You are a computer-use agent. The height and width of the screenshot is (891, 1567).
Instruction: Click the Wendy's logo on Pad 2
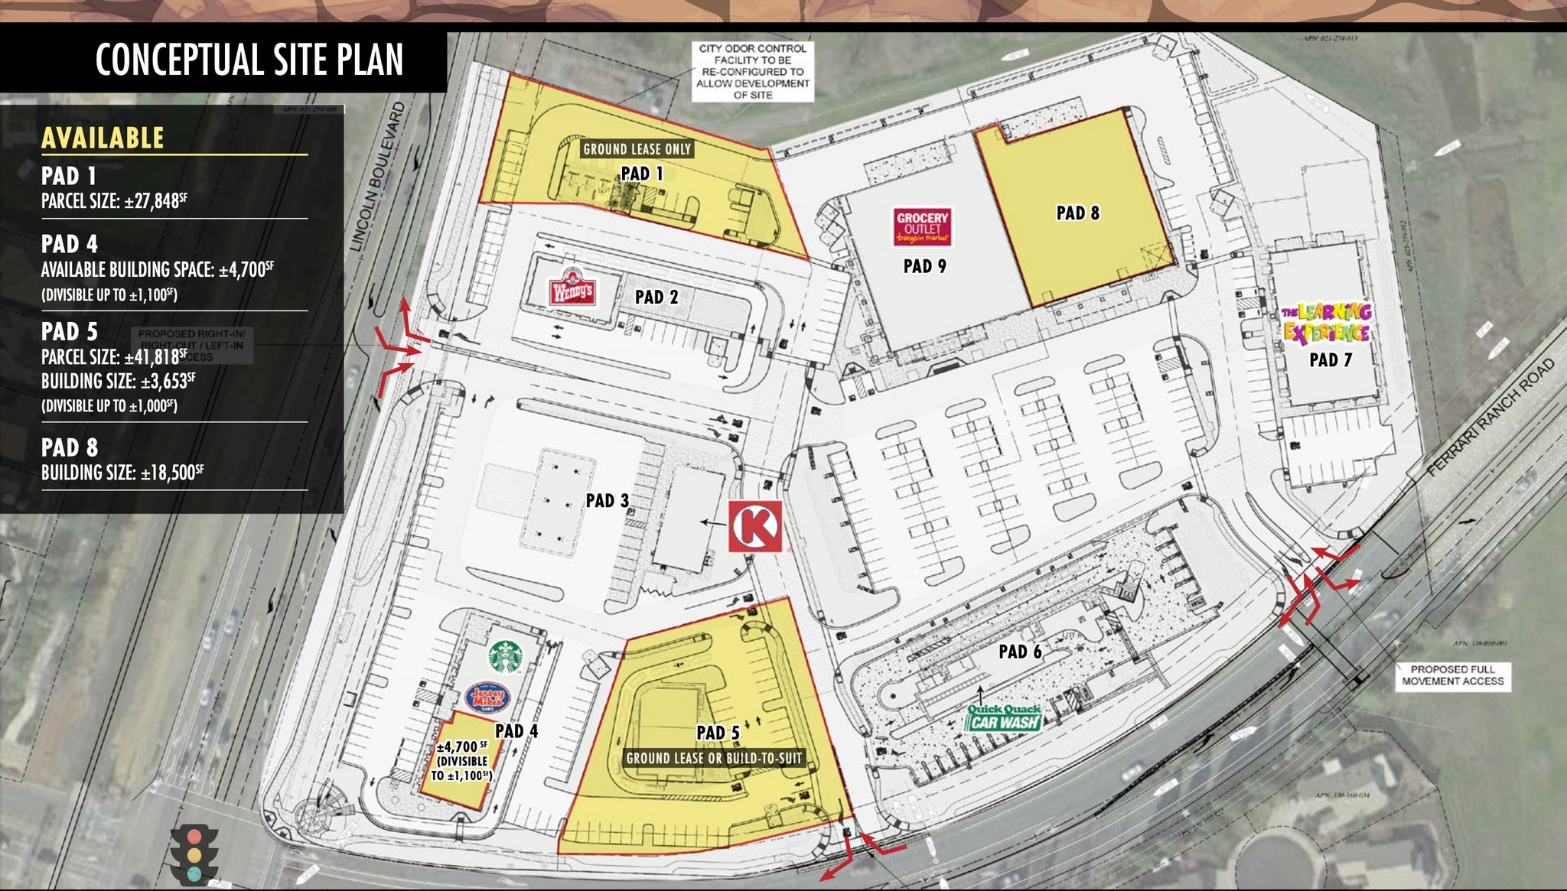tap(572, 288)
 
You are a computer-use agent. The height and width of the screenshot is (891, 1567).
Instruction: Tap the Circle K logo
tap(755, 526)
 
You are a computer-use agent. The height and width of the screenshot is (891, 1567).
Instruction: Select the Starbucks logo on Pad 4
tap(506, 657)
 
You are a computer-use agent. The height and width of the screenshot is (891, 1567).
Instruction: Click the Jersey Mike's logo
tap(487, 698)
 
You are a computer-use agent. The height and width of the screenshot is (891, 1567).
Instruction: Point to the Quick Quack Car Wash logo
tap(1005, 717)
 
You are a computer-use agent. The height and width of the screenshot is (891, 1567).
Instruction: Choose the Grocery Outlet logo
tap(923, 227)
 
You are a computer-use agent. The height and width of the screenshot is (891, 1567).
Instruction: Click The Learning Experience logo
tap(1327, 322)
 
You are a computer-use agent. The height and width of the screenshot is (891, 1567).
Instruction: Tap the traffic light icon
tap(194, 854)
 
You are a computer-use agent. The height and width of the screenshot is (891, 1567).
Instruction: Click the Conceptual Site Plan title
tap(249, 60)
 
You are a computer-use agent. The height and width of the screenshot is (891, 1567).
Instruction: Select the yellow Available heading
tap(103, 138)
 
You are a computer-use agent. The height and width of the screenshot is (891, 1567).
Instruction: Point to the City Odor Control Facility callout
tap(753, 71)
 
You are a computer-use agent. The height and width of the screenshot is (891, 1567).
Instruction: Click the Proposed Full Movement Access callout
tap(1452, 675)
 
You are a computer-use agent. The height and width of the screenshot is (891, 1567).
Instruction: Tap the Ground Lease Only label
tap(637, 149)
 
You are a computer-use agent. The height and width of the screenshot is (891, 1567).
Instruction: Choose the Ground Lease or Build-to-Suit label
tap(714, 758)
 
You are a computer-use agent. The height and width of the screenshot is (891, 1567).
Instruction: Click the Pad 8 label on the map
tap(1077, 213)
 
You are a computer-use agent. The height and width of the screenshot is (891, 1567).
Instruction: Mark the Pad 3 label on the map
tap(607, 500)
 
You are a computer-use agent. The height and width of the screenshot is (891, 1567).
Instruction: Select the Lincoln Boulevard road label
tap(377, 177)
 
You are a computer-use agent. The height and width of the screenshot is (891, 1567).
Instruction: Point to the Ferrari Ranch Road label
tap(1492, 417)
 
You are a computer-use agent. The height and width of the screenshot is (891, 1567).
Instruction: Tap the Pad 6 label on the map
tap(1020, 652)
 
